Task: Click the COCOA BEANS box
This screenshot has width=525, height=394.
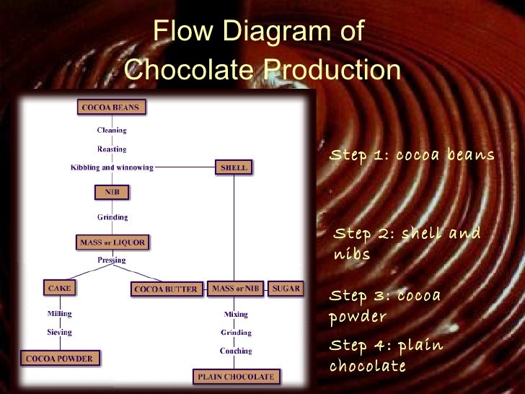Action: click(x=111, y=108)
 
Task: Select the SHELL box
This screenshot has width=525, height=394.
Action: click(x=234, y=167)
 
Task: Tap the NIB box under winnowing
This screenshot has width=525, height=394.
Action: click(x=112, y=192)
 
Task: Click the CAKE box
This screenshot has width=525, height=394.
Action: click(x=59, y=288)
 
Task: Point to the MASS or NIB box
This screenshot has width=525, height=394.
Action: click(x=236, y=289)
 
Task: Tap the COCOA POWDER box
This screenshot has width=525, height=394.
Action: click(x=60, y=357)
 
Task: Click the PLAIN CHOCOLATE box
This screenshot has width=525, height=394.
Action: click(x=236, y=376)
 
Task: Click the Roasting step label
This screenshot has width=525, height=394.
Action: click(x=112, y=149)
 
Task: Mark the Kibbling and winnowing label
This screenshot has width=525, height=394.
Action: click(x=112, y=167)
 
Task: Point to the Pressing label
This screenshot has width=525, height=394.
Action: click(x=112, y=260)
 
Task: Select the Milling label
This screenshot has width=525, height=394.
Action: click(x=59, y=314)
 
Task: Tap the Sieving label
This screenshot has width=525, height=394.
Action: click(x=59, y=333)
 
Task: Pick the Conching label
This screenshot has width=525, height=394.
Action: click(x=236, y=351)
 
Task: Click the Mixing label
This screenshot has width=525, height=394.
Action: click(x=236, y=315)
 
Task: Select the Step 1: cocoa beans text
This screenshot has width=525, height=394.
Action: click(x=412, y=155)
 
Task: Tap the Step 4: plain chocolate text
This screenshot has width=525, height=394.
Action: click(x=385, y=356)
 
